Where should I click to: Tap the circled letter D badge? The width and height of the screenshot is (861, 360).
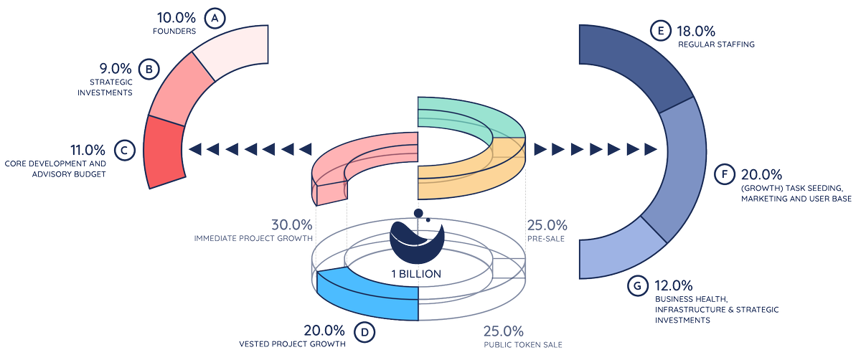click(364, 331)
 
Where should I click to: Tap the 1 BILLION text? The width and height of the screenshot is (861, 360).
click(416, 274)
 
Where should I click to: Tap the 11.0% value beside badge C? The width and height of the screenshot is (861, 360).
click(88, 151)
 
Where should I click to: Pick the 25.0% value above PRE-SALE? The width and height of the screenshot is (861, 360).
click(547, 224)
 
